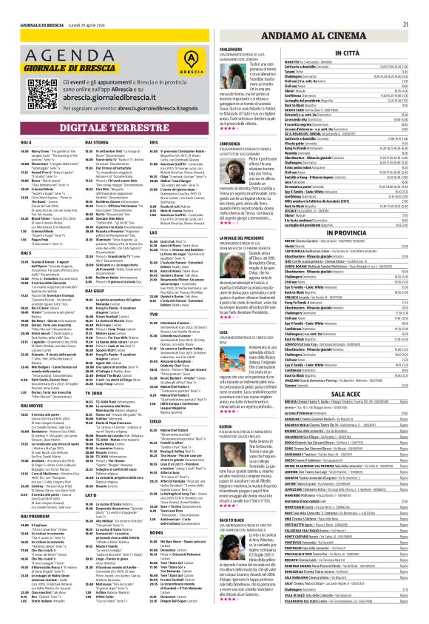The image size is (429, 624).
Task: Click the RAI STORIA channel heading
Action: pyautogui.click(x=98, y=142)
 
